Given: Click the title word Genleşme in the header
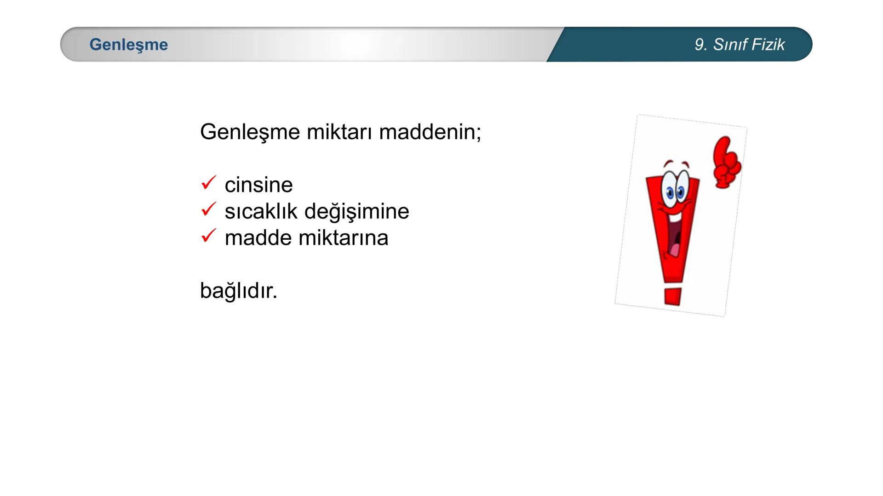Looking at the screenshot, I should pyautogui.click(x=129, y=45).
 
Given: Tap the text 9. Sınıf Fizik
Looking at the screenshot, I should pyautogui.click(x=740, y=45).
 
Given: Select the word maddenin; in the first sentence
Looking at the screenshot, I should pyautogui.click(x=430, y=132).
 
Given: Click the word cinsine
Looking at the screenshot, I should pyautogui.click(x=258, y=185).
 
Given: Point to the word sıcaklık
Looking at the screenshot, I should pyautogui.click(x=261, y=211).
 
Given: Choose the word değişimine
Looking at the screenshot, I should pyautogui.click(x=356, y=211).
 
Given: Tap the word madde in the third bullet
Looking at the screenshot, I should pyautogui.click(x=258, y=238).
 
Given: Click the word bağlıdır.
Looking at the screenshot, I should pyautogui.click(x=239, y=291).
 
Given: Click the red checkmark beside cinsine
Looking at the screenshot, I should pyautogui.click(x=208, y=183).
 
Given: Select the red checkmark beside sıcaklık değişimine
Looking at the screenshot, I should pyautogui.click(x=208, y=209).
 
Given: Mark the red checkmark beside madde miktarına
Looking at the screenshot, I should pyautogui.click(x=208, y=236).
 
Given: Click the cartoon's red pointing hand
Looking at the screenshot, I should pyautogui.click(x=726, y=162).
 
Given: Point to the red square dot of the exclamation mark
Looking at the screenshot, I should pyautogui.click(x=672, y=296).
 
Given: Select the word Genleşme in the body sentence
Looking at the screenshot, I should pyautogui.click(x=250, y=132).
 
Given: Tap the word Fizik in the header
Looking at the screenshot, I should pyautogui.click(x=769, y=45).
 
